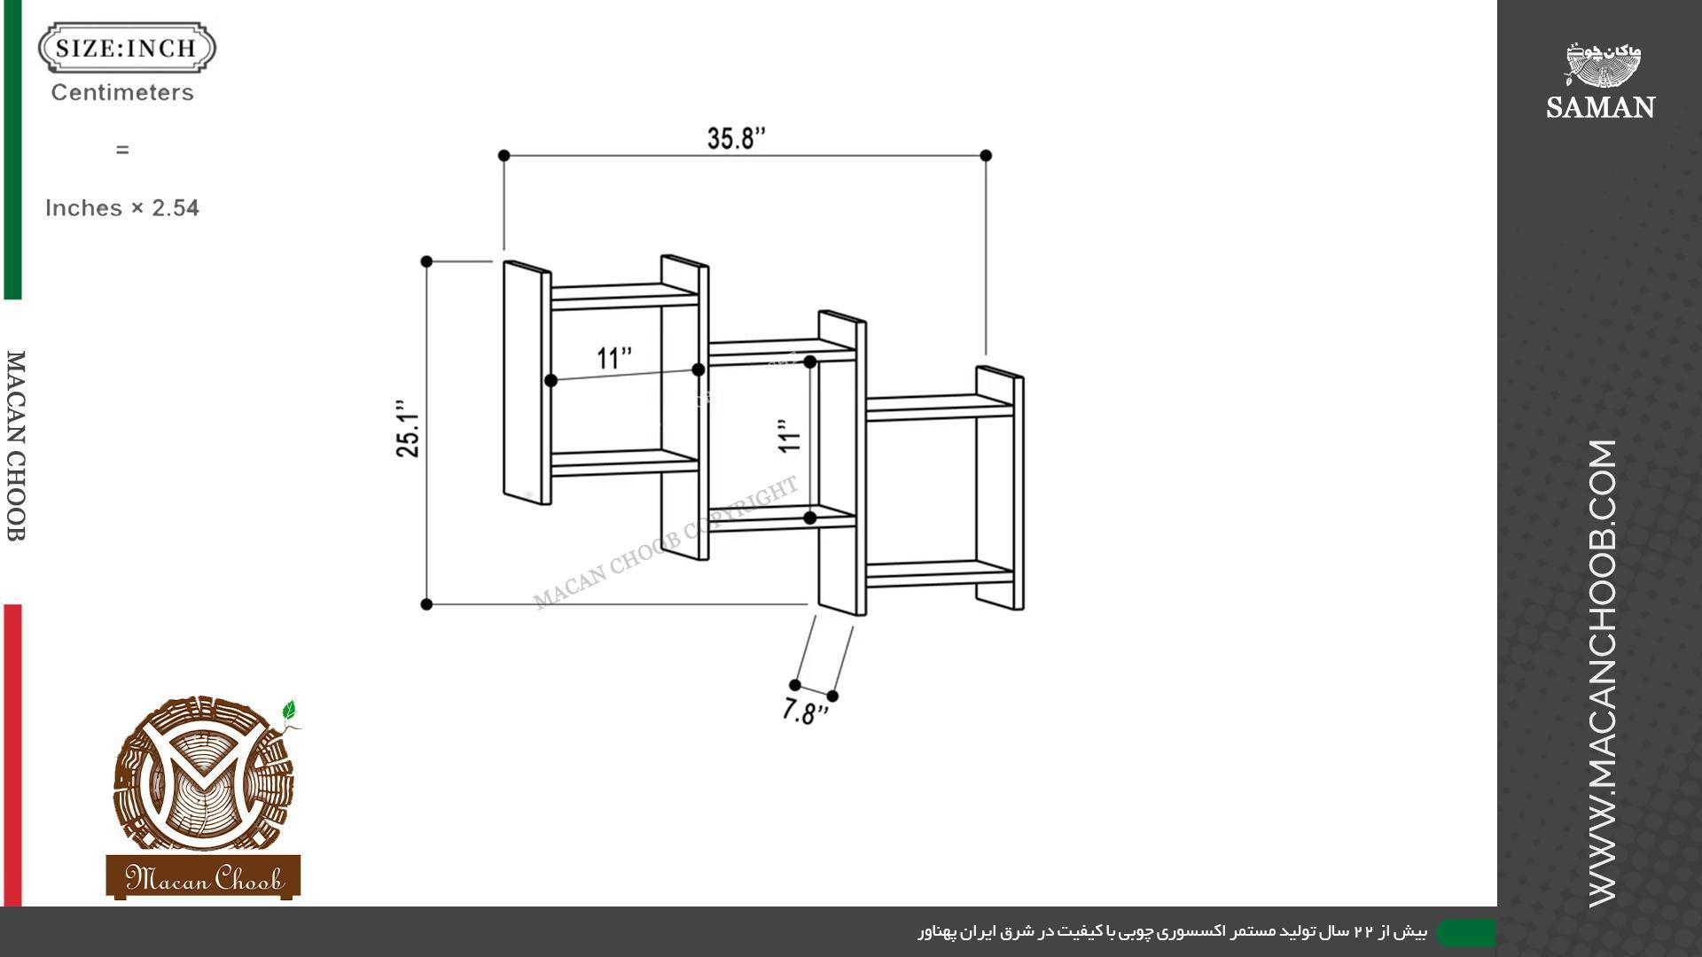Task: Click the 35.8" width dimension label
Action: (x=736, y=138)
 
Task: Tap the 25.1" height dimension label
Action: (x=408, y=428)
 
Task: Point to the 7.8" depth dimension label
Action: (x=805, y=712)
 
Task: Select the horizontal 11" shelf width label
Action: (x=614, y=358)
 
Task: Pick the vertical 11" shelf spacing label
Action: (x=789, y=437)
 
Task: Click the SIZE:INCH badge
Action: (x=127, y=48)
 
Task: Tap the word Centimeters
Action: (x=122, y=92)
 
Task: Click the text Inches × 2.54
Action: (x=122, y=208)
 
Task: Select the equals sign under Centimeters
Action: (x=122, y=150)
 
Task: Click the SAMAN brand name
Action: (x=1600, y=107)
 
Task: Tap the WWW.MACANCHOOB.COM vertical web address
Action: (x=1603, y=673)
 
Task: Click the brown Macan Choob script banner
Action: (x=203, y=877)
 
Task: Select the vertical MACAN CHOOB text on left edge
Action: (x=16, y=446)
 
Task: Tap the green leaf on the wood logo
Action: (x=288, y=711)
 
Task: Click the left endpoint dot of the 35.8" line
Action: (x=504, y=156)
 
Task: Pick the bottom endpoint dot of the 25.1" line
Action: (x=426, y=604)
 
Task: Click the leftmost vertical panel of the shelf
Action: (x=527, y=383)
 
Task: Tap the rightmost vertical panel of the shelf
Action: (x=1001, y=487)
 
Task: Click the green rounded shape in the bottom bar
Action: (x=1466, y=932)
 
